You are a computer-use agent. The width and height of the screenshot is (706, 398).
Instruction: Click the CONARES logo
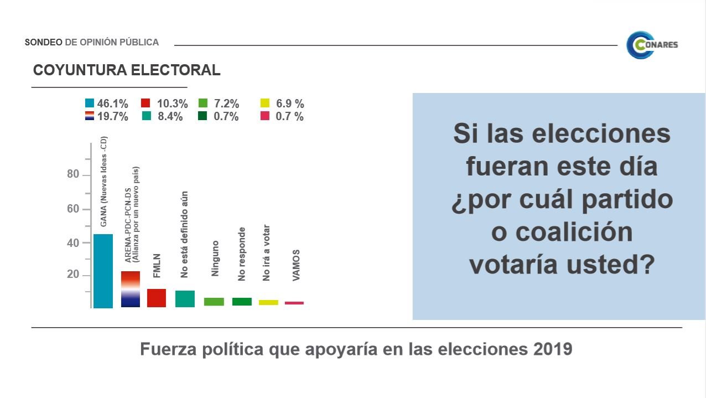(x=652, y=45)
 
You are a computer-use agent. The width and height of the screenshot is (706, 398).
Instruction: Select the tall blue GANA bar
(x=103, y=271)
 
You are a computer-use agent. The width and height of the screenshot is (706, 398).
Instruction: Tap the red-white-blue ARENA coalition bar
(x=131, y=289)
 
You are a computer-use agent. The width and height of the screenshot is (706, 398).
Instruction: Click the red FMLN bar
(x=157, y=298)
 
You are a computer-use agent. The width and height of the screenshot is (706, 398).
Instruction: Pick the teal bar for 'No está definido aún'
(x=185, y=298)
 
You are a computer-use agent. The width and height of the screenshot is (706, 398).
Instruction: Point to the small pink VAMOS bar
(x=294, y=303)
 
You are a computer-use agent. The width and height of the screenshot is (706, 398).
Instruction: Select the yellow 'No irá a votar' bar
(x=268, y=302)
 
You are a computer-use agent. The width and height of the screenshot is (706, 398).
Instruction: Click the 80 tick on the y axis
(x=73, y=175)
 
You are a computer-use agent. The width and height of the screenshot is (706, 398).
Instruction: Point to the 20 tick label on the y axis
(x=73, y=275)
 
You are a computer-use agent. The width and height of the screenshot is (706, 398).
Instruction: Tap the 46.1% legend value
(x=113, y=104)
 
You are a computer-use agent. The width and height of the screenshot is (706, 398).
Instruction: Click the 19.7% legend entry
(x=113, y=117)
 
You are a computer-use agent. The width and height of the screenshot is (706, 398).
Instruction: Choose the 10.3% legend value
(x=172, y=104)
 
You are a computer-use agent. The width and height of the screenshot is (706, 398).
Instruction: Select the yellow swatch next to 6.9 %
(x=265, y=104)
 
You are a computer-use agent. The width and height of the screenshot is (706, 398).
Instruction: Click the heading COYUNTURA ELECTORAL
(x=127, y=70)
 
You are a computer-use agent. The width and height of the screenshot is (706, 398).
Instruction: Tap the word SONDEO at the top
(x=44, y=42)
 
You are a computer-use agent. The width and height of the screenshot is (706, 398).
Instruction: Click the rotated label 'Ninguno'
(x=215, y=259)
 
